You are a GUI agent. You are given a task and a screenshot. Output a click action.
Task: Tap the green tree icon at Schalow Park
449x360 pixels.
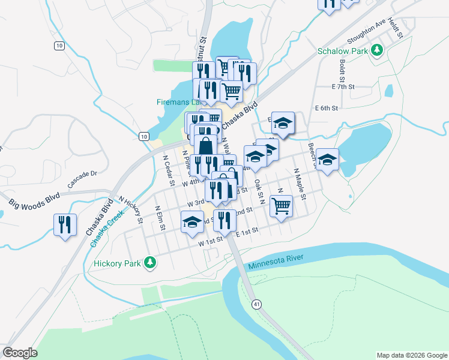pyautogui.click(x=377, y=50)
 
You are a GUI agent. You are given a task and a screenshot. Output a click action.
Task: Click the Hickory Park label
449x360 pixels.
pyautogui.click(x=117, y=263)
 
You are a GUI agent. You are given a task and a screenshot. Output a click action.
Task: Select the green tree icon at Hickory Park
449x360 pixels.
pyautogui.click(x=152, y=263)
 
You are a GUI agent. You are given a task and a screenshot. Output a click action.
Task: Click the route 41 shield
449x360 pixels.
pyautogui.click(x=257, y=304)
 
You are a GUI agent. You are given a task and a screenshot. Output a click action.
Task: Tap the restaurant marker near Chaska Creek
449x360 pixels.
pyautogui.click(x=64, y=226)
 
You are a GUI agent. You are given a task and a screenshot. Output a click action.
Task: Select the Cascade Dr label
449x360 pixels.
pyautogui.click(x=82, y=179)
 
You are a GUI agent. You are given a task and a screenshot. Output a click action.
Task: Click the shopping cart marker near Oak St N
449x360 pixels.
pyautogui.click(x=281, y=206)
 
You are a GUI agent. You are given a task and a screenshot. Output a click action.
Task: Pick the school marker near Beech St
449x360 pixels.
pyautogui.click(x=328, y=160)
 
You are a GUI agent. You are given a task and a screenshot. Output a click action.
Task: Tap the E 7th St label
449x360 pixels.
pyautogui.click(x=343, y=86)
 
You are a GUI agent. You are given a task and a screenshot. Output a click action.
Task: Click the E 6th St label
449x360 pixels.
pyautogui.click(x=327, y=108)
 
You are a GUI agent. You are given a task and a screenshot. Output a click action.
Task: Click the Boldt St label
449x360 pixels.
pyautogui.click(x=342, y=70)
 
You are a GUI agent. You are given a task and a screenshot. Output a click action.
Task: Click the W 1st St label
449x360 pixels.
pyautogui.click(x=202, y=242)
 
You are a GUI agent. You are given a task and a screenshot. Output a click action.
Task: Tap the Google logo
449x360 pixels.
pyautogui.click(x=20, y=353)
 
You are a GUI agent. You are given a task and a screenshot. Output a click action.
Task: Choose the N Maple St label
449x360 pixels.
pyautogui.click(x=300, y=184)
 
